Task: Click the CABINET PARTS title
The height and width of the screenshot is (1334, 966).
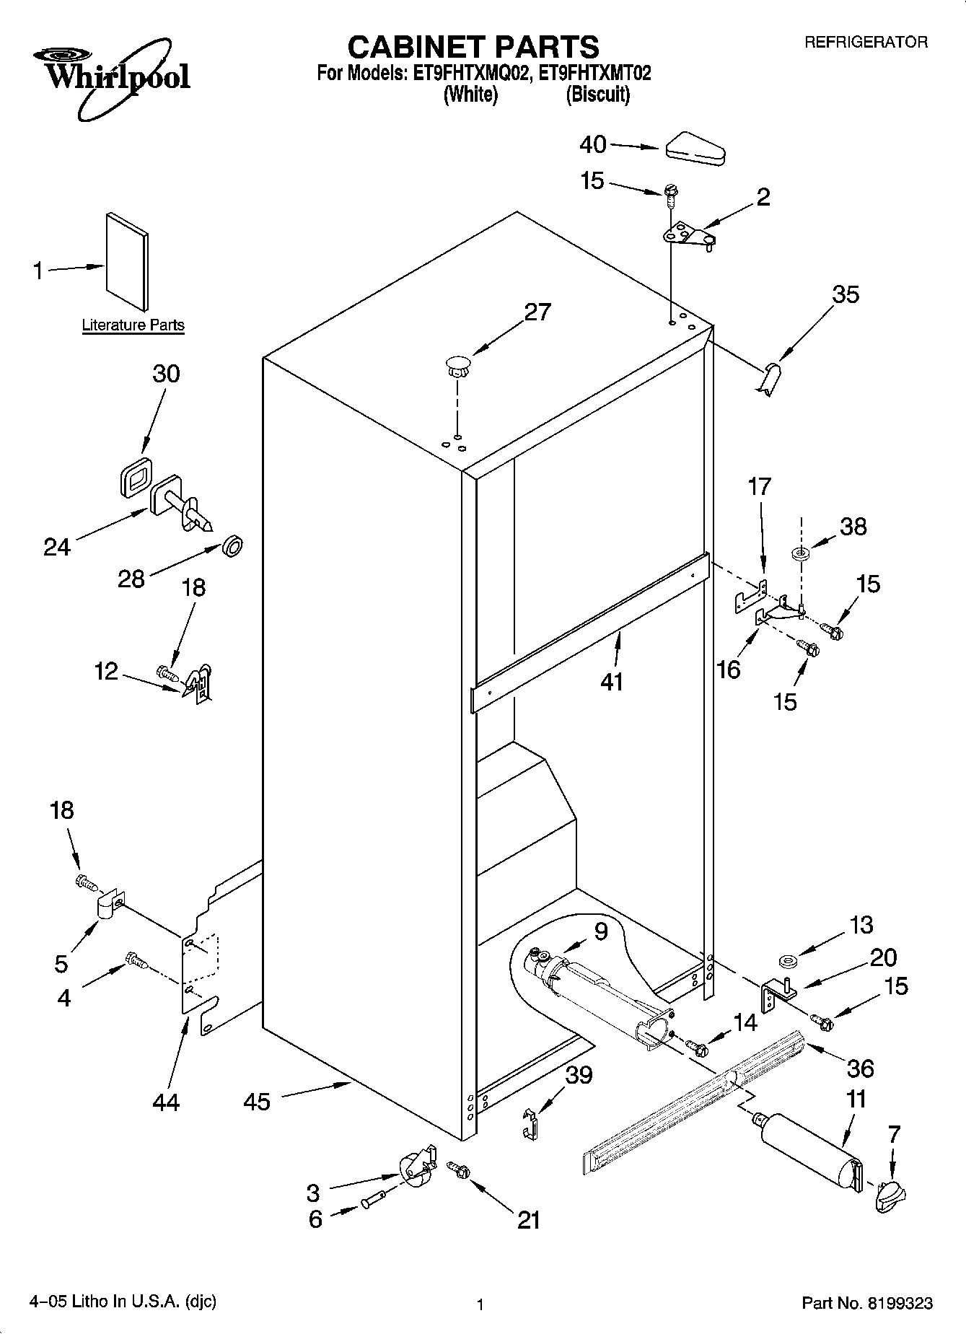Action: coord(473,47)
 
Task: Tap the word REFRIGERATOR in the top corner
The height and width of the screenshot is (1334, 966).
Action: coord(866,43)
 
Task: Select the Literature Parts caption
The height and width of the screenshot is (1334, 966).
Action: coord(133,325)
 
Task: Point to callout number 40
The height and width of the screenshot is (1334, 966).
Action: coord(593,145)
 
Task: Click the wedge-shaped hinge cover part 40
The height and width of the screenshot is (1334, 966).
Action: coord(695,150)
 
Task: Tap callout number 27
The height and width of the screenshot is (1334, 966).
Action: coord(537,312)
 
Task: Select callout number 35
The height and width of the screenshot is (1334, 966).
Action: coord(846,294)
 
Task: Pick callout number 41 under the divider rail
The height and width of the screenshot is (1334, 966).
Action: coord(612,681)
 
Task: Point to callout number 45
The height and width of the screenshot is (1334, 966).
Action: coord(257,1101)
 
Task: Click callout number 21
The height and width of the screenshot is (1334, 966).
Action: coord(528,1219)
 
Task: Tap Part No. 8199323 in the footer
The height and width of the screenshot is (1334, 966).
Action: coord(867,1303)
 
